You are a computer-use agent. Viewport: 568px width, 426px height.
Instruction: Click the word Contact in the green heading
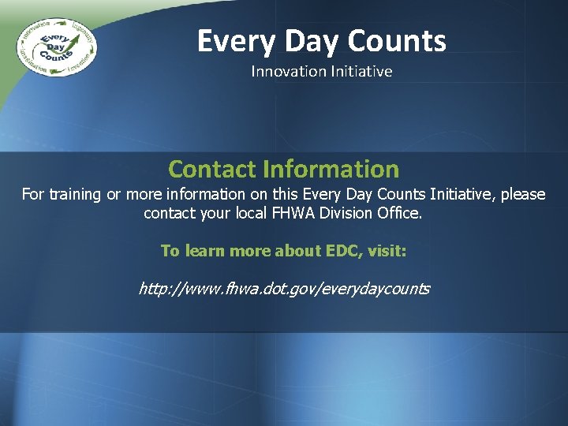click(212, 169)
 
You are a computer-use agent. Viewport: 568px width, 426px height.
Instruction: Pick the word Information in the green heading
click(331, 169)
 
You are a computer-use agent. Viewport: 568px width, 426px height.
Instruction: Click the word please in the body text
click(520, 194)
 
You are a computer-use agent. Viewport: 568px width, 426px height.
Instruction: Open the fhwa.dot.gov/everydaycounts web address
click(284, 289)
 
